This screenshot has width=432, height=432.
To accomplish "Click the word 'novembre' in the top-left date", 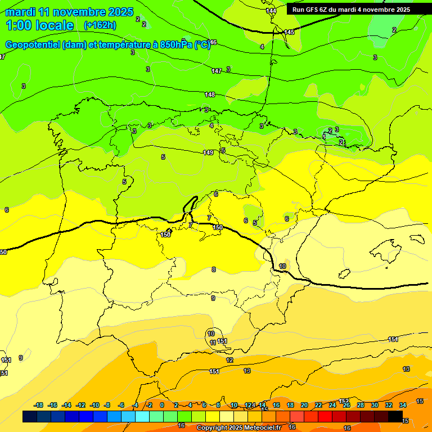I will click(x=79, y=12).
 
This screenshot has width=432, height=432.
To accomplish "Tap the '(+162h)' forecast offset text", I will click(x=100, y=25).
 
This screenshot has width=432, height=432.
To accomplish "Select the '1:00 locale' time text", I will click(x=39, y=25).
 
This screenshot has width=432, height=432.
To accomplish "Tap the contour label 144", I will click(x=271, y=11).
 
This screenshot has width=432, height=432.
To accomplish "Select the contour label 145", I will click(x=289, y=32).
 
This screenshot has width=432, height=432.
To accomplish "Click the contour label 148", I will click(x=210, y=94).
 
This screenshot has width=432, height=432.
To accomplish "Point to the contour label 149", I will click(x=208, y=152).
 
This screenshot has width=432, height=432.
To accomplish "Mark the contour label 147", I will click(x=217, y=71).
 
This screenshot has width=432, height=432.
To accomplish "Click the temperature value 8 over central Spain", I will click(x=213, y=269).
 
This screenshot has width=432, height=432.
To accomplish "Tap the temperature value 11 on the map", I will click(x=212, y=342).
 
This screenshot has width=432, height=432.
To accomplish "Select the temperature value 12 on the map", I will click(x=229, y=360).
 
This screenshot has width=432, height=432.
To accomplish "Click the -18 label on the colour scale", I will click(x=38, y=405).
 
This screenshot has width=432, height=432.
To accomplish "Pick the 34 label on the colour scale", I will click(x=403, y=405).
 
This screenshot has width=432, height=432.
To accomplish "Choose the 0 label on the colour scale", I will click(x=161, y=405).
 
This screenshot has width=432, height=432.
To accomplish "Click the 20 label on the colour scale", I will click(x=304, y=405).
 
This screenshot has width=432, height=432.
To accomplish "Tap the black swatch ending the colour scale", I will click(x=395, y=417).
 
